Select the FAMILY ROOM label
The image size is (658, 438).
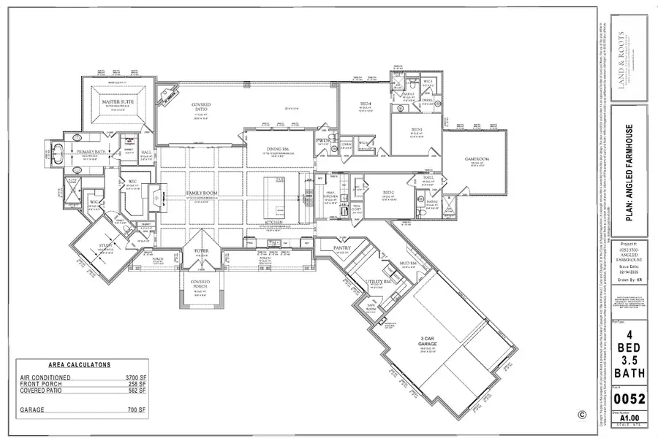click(x=201, y=193)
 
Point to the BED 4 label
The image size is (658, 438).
click(x=366, y=103)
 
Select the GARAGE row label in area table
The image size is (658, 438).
click(x=34, y=410)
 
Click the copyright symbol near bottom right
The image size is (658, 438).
click(x=581, y=414)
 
